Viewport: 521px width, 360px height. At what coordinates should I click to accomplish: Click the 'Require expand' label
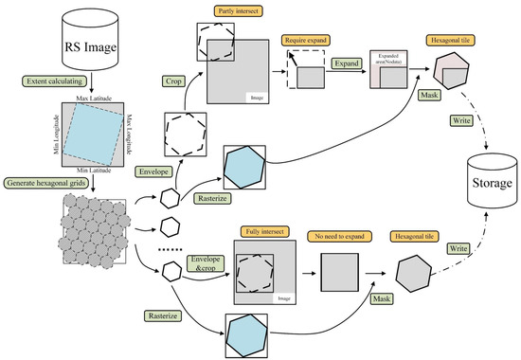[302, 43]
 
